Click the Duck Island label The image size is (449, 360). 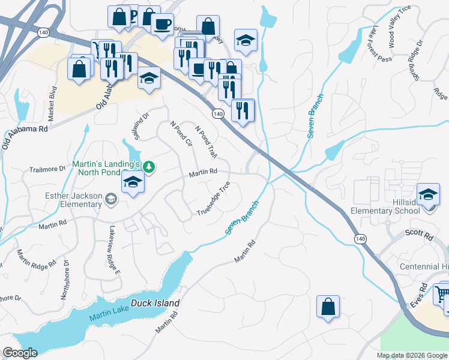pos(148,304)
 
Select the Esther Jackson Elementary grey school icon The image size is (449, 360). pos(110,199)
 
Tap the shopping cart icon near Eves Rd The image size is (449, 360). pos(442,294)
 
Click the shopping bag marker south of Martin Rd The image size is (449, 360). pos(328,307)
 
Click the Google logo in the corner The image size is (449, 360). pos(20,353)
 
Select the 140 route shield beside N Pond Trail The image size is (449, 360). pos(218,113)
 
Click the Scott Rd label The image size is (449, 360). pos(420,236)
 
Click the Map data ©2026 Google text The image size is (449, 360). pos(412,355)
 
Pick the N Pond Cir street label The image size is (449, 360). pos(181,136)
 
